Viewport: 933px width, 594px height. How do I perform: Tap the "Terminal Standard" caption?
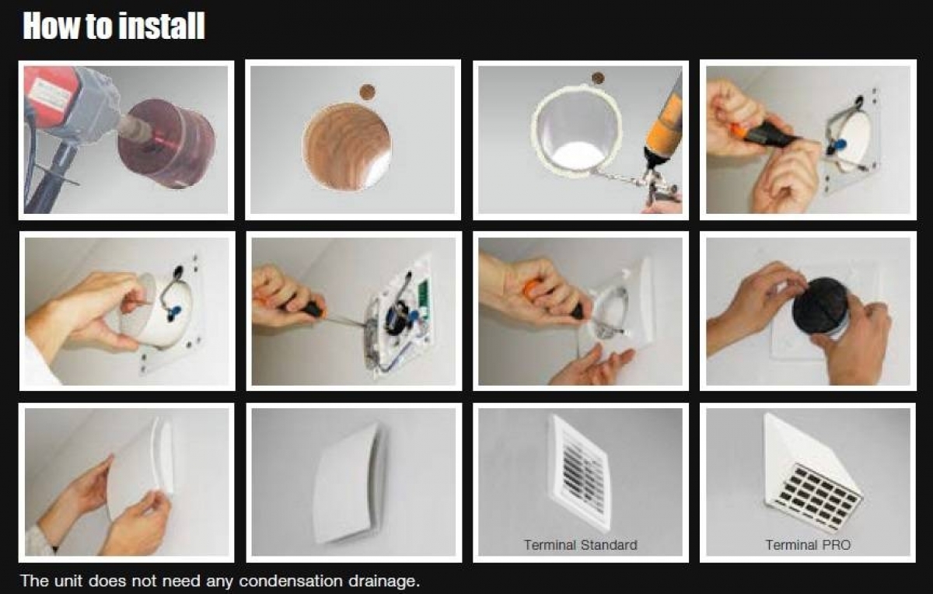(581, 545)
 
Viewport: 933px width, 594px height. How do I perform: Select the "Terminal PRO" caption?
(808, 545)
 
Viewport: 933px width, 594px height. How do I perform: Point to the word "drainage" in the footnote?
(383, 582)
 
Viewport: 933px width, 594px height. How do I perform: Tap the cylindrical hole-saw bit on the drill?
(166, 142)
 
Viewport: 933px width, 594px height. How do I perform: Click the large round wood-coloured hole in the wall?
(347, 147)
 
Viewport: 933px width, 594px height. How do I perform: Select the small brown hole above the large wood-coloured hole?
(367, 92)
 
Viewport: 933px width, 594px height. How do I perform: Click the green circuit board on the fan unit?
(423, 300)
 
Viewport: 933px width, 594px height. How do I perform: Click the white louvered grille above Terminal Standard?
(581, 473)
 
